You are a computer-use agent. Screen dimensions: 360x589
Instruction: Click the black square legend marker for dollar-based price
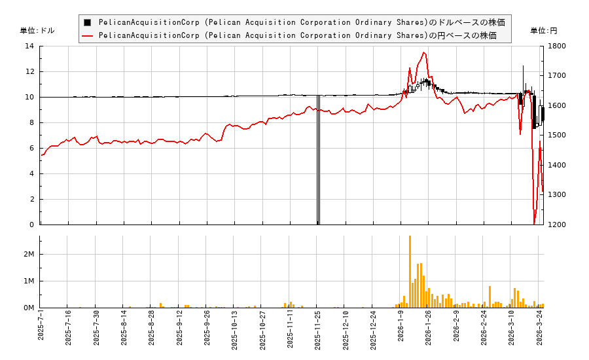(88, 22)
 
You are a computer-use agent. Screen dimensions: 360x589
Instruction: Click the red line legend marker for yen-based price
(88, 36)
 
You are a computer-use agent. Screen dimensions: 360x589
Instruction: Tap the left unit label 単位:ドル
(37, 31)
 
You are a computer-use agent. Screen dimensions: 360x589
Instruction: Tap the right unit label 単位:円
(543, 31)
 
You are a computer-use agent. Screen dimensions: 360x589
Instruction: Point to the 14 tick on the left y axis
(29, 46)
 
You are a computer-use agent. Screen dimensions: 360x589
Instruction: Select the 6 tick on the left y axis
(31, 149)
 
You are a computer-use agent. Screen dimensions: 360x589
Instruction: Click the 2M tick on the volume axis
(29, 255)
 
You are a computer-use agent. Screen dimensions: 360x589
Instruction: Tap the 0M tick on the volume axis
(29, 308)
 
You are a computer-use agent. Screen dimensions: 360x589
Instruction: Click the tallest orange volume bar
(410, 272)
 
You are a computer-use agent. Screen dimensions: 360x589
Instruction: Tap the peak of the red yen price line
(423, 52)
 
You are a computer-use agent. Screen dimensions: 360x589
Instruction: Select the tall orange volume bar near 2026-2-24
(490, 297)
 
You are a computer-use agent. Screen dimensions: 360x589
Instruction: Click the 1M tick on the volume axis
(29, 281)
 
